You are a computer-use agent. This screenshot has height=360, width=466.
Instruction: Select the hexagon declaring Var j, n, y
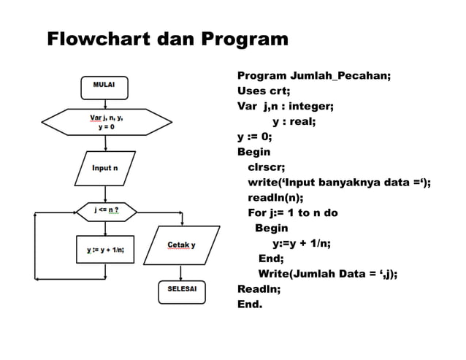click(107, 122)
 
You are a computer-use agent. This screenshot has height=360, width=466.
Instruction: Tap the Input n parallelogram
click(106, 169)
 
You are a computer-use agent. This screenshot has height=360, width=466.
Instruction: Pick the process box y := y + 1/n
click(106, 250)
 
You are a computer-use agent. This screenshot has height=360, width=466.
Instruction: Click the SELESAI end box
click(183, 289)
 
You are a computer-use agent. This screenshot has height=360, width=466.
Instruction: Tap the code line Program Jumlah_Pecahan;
click(314, 76)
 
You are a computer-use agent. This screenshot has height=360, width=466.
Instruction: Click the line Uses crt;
click(264, 91)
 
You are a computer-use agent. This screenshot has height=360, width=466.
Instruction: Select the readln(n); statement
click(276, 197)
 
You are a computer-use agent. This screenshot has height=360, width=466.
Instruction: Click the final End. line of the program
click(250, 304)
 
